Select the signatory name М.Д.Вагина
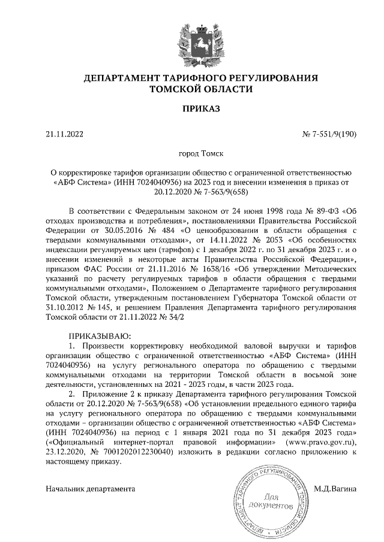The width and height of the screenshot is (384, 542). (335, 488)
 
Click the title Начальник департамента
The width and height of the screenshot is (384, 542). (91, 488)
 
